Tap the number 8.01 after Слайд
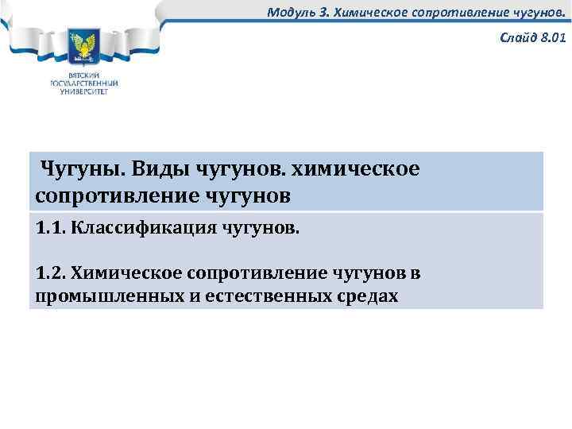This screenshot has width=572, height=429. tap(551, 37)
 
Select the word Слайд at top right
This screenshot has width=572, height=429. tap(516, 37)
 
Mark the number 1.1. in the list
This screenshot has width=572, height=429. tap(51, 229)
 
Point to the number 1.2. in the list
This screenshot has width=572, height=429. tap(51, 273)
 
